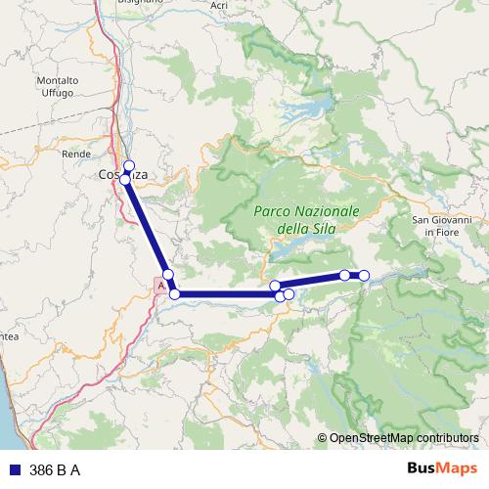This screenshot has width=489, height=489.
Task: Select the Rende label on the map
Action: (75, 154)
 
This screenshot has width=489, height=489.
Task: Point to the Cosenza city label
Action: (124, 174)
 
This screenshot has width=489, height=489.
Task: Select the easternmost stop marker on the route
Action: (364, 276)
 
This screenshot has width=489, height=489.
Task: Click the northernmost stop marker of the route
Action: (129, 165)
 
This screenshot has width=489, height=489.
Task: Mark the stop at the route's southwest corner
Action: (175, 293)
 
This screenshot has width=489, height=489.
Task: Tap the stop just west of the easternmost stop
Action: (345, 275)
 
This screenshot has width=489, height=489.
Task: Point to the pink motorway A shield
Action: (159, 286)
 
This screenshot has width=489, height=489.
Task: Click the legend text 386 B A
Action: (55, 470)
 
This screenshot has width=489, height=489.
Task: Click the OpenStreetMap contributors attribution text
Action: (405, 438)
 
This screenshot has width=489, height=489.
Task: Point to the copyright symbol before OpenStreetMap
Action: (324, 438)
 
